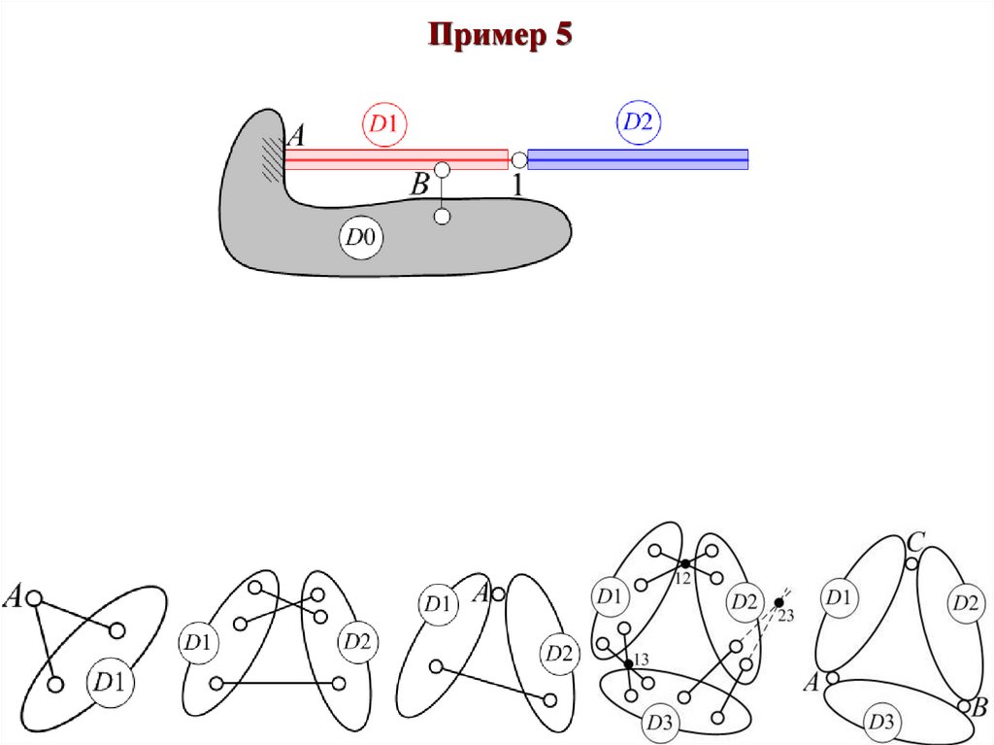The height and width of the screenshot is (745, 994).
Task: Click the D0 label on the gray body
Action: coord(360,238)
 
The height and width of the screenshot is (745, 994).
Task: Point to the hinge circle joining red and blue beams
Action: coord(518,159)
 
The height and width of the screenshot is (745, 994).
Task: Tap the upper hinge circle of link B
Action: coord(442,170)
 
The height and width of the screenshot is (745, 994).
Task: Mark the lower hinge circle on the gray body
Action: coord(442,217)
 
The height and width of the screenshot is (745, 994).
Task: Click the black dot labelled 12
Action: coord(684,564)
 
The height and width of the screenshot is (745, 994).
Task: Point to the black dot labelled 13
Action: coord(628,663)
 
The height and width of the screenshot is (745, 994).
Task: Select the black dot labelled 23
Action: coord(779,603)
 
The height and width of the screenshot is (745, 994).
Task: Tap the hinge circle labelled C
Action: coord(911,563)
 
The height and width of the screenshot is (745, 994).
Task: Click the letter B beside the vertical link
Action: coord(419,185)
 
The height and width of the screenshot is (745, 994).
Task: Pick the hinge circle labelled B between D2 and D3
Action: coord(963,705)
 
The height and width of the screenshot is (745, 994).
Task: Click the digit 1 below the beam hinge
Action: coord(517,185)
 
